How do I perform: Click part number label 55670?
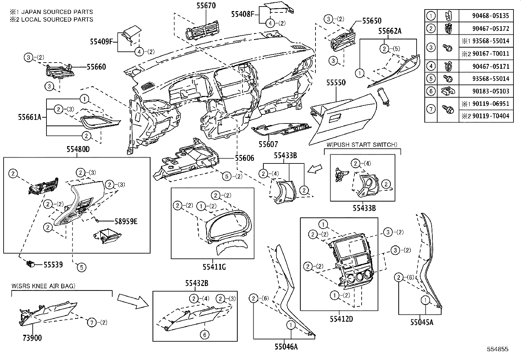(206, 5)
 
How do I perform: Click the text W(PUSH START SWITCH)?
(362, 144)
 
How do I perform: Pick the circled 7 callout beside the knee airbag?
(92, 323)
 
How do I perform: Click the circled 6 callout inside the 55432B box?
(204, 334)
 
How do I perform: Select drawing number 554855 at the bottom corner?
(497, 349)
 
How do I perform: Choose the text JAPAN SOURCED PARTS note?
(51, 12)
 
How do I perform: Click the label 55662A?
(390, 31)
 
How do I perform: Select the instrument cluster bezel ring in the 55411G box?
(229, 226)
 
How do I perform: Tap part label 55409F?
(101, 42)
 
